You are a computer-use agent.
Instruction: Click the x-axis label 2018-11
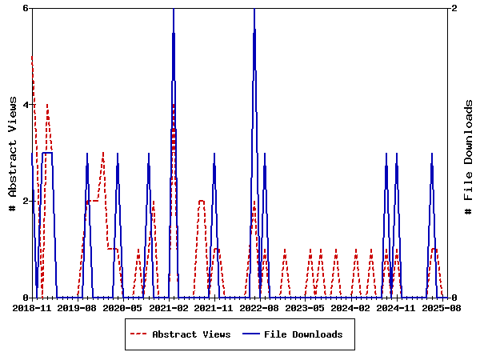32,307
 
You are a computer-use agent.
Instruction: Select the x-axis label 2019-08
78,307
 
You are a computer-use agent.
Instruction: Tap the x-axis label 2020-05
124,307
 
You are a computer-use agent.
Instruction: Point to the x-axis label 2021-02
170,307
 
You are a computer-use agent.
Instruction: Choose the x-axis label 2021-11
216,307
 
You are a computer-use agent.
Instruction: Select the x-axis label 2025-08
445,307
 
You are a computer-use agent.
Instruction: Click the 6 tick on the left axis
26,8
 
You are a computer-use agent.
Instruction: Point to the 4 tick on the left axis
26,105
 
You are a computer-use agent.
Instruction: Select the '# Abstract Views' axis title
12,153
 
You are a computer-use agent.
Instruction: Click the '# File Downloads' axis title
469,153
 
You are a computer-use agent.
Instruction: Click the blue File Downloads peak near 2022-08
254,9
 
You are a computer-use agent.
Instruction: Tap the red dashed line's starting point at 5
32,56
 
